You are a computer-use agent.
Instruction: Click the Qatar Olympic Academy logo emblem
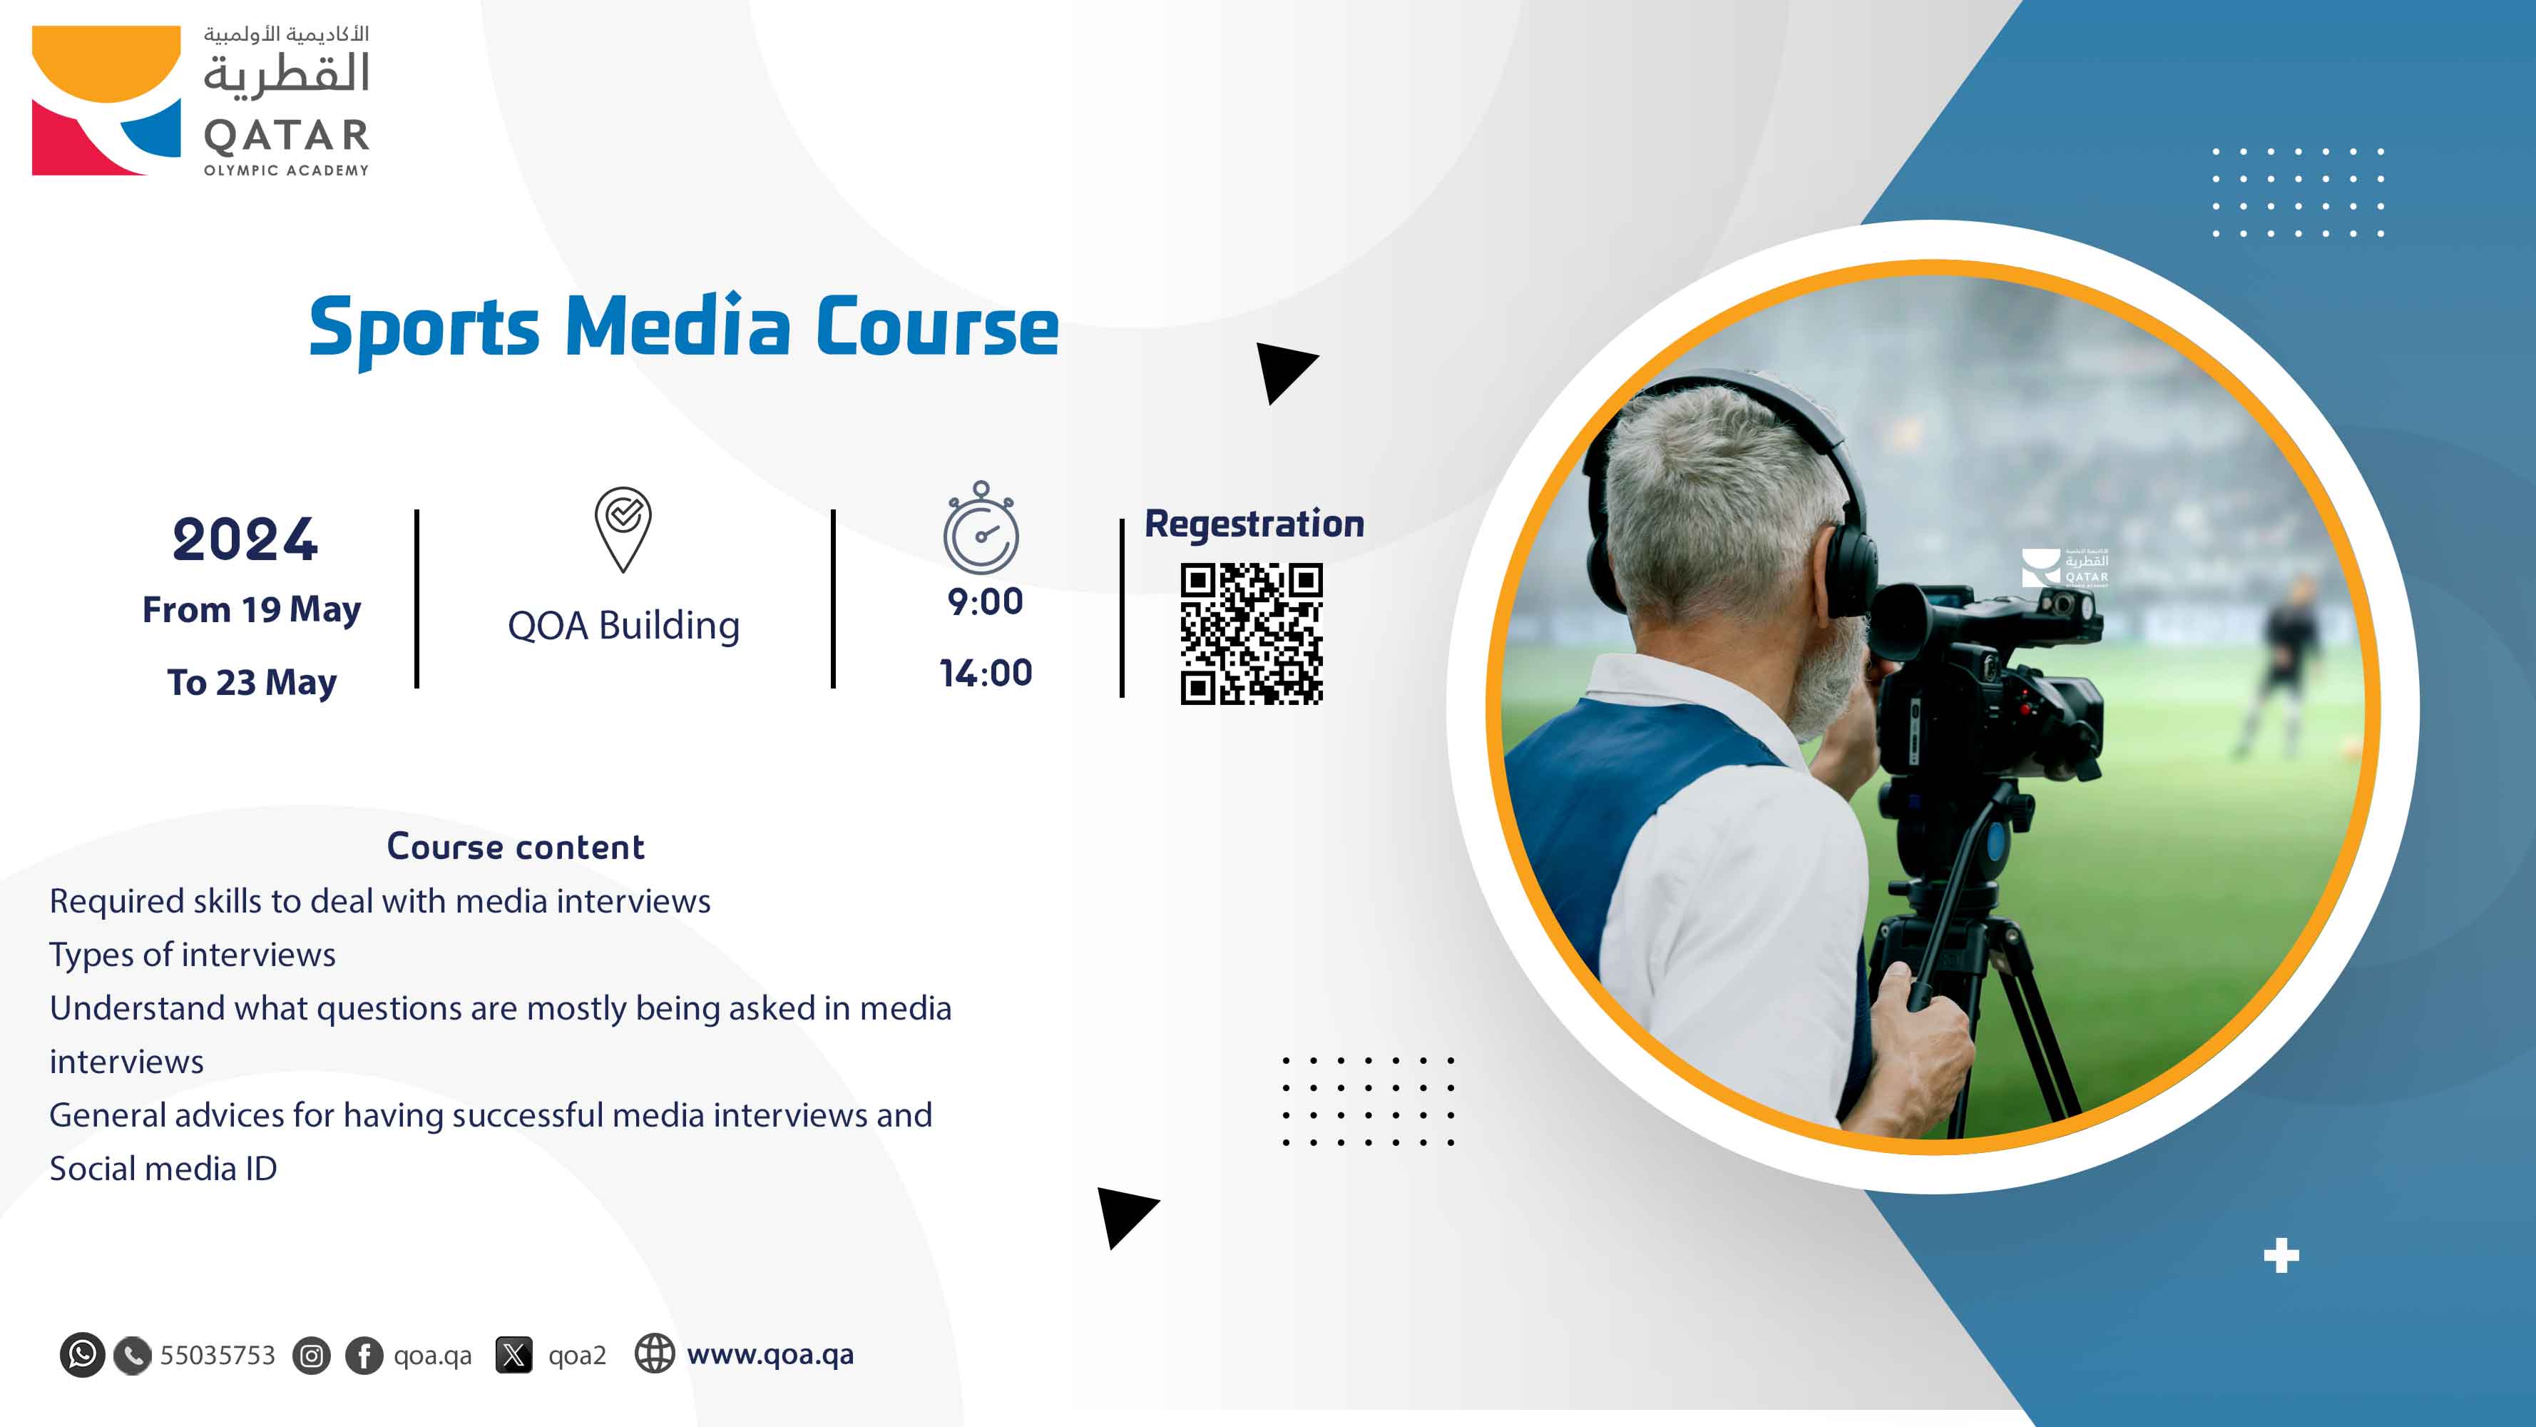[x=106, y=101]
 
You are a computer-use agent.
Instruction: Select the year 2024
[x=245, y=539]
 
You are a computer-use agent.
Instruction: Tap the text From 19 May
[x=251, y=609]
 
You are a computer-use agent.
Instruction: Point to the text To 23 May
[x=251, y=681]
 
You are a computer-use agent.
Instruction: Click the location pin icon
[x=623, y=528]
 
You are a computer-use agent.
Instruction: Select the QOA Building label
[x=623, y=625]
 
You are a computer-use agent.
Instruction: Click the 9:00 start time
[x=984, y=601]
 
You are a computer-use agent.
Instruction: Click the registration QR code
[x=1252, y=634]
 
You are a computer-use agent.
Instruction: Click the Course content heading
[x=516, y=847]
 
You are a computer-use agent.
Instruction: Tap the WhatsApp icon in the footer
[x=82, y=1355]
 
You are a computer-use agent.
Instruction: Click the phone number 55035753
[x=218, y=1355]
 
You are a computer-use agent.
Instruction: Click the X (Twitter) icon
[x=513, y=1355]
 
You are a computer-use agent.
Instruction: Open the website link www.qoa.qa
[x=770, y=1354]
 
